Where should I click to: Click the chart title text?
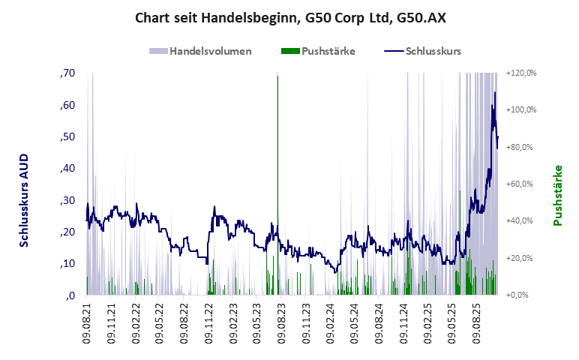point(289,18)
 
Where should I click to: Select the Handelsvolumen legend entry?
point(200,52)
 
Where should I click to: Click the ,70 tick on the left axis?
point(67,73)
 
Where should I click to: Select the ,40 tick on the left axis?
point(67,169)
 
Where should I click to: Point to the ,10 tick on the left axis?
point(67,264)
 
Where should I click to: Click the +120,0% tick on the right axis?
point(522,73)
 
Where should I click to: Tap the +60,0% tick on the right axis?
point(522,184)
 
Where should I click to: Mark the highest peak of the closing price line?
point(495,92)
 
